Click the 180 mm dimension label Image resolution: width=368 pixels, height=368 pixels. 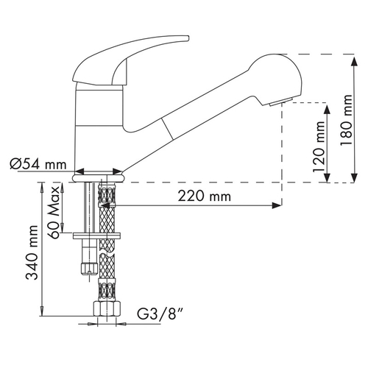(346, 119)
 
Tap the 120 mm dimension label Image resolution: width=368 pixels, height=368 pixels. (319, 146)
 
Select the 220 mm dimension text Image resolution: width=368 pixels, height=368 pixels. (205, 197)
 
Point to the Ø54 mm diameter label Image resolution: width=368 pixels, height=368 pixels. (38, 163)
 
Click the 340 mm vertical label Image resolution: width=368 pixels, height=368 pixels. (32, 252)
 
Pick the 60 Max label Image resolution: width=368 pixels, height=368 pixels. (54, 213)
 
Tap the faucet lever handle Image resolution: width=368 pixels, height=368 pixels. (127, 60)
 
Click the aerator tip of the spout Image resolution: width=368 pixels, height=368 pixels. (280, 102)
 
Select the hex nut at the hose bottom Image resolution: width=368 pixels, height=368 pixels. (107, 309)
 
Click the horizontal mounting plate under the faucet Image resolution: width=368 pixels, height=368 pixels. (97, 236)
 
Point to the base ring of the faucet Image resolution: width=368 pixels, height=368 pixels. (99, 178)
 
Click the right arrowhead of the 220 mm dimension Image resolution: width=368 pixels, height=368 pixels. (277, 205)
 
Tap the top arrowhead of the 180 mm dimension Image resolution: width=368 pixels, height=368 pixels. (354, 61)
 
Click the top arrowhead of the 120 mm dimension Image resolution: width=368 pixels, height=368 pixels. (327, 110)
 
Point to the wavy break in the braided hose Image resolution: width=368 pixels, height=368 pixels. (107, 253)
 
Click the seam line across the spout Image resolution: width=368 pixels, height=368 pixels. (167, 130)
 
